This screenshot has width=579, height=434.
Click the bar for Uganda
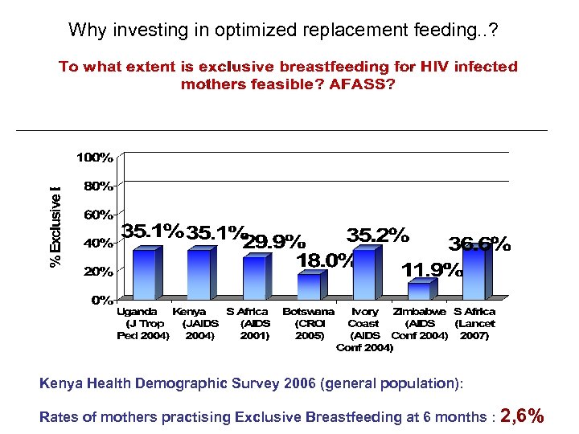144,275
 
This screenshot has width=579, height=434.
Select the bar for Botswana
308,287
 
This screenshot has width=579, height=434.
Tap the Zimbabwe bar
419,291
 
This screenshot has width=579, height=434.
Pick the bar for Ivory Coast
363,274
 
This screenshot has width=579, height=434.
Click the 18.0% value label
325,260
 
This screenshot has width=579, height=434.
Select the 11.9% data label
433,269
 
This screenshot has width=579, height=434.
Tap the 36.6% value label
479,244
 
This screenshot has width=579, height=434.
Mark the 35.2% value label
377,235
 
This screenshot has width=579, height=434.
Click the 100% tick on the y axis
95,158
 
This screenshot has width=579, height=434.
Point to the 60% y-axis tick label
98,215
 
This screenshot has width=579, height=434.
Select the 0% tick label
101,300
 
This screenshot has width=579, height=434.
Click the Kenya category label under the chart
190,311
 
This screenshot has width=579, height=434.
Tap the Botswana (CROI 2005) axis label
308,323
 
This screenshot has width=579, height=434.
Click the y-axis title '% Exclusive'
55,227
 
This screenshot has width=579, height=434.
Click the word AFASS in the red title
362,84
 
